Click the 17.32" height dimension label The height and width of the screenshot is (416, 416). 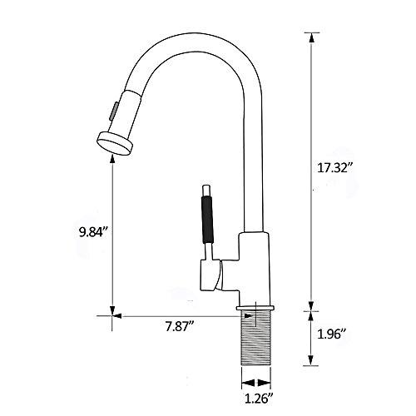(335, 168)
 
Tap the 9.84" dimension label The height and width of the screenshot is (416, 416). (93, 232)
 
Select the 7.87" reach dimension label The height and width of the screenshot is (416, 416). (180, 326)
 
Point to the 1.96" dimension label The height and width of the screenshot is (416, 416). (333, 334)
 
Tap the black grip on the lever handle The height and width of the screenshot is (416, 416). (207, 220)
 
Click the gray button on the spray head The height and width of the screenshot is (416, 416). (114, 111)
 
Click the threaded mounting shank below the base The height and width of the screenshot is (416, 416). (256, 338)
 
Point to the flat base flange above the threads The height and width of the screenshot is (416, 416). (255, 308)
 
